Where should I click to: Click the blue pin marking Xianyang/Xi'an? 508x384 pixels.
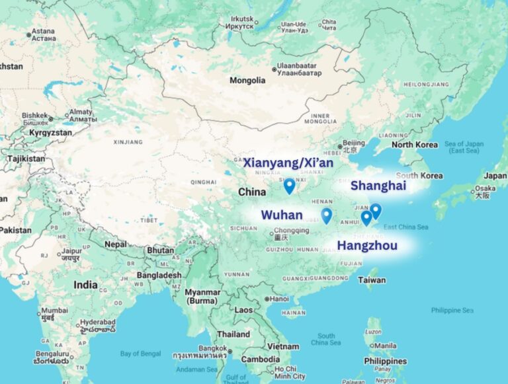coord(289,186)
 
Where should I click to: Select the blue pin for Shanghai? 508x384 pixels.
coord(376,210)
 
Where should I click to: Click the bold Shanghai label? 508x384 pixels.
coord(378,186)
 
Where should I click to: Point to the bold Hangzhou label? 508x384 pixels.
coord(367,247)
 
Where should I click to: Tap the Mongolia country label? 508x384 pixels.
coord(247,81)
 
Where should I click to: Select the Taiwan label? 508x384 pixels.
coord(372,280)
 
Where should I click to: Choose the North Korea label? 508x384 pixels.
coord(415,145)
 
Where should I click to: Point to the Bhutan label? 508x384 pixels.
coord(160,250)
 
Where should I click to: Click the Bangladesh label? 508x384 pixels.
coord(159,275)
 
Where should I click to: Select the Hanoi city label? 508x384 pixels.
coord(278,299)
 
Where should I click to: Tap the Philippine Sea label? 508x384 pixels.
coord(452,310)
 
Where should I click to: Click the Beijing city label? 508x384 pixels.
coord(353,143)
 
